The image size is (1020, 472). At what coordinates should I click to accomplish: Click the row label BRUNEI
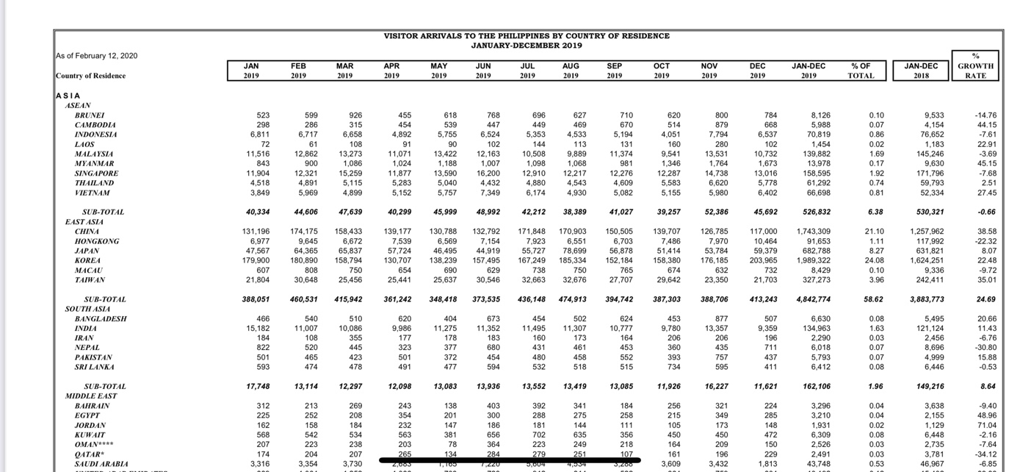click(x=90, y=115)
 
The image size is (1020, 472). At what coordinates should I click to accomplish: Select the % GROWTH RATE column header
click(x=975, y=65)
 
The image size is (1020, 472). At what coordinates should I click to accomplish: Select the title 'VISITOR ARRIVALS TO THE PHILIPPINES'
click(x=527, y=36)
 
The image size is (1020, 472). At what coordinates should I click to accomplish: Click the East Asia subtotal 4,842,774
click(x=814, y=299)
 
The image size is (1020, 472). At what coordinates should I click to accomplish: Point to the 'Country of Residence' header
click(x=90, y=76)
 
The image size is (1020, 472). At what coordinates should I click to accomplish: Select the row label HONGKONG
click(x=96, y=241)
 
